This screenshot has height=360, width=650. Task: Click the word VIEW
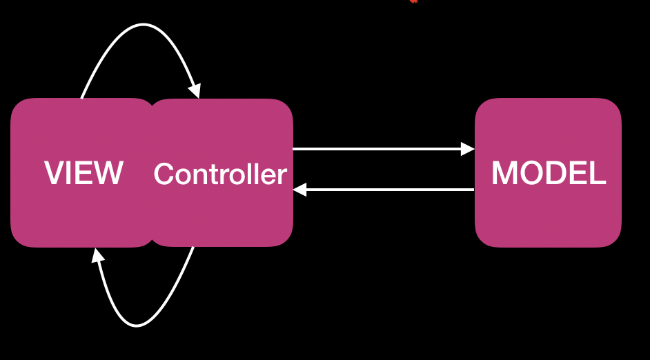click(x=83, y=173)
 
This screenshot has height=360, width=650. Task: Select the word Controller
click(x=219, y=174)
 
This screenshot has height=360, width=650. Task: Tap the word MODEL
click(x=549, y=173)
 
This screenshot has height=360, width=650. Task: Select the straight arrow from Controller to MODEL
click(x=380, y=148)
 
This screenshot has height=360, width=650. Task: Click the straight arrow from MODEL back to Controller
click(x=386, y=189)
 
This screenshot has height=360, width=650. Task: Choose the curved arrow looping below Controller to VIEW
click(x=138, y=324)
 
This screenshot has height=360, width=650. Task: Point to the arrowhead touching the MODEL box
click(x=468, y=148)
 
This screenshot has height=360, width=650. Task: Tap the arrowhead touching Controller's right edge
click(x=300, y=189)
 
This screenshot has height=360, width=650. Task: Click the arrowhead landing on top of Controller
click(x=195, y=90)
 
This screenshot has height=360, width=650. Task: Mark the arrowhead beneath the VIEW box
click(x=98, y=255)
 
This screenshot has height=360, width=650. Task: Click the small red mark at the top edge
click(x=413, y=1)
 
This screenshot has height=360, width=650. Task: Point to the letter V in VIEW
click(x=54, y=173)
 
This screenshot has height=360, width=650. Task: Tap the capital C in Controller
click(x=164, y=174)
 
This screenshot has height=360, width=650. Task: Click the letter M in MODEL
click(x=504, y=173)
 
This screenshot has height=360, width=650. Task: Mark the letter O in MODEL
click(x=530, y=173)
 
